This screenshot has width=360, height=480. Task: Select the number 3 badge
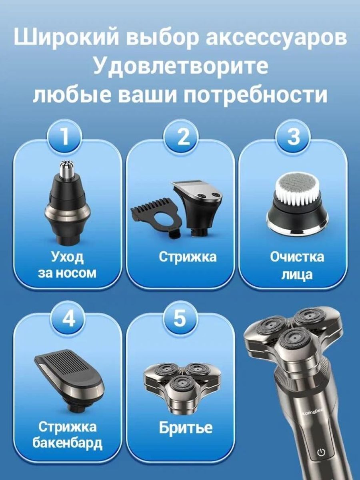293,138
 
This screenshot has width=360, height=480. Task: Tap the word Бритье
186,428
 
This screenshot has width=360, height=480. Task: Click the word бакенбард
68,443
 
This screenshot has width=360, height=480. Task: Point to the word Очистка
297,257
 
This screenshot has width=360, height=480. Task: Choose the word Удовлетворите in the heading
180,66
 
